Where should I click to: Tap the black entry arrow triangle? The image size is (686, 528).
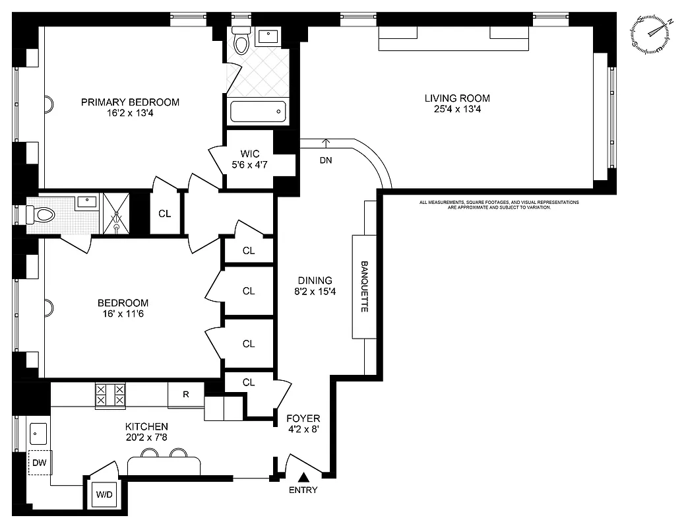[x=303, y=477]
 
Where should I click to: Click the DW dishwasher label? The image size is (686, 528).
[x=40, y=463]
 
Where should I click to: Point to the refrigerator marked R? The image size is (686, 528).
[x=185, y=395]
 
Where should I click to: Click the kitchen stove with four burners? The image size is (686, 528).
[x=110, y=395]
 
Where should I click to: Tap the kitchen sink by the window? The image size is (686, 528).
[x=38, y=434]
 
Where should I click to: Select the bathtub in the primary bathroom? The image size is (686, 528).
[x=258, y=112]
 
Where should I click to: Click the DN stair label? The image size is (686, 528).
[x=325, y=160]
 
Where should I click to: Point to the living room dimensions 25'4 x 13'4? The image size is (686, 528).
[x=457, y=110]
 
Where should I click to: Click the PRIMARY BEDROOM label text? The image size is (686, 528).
[x=130, y=102]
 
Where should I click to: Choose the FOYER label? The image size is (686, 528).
[x=303, y=418]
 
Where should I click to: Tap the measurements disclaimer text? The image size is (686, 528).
[x=499, y=205]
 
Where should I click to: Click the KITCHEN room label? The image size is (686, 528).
[x=146, y=427]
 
